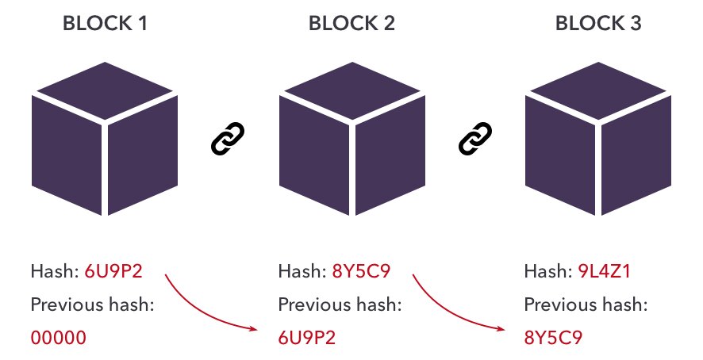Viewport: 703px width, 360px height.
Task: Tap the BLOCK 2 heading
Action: tap(351, 24)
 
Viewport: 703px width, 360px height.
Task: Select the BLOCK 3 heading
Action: tap(598, 24)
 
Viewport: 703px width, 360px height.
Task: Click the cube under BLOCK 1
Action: tap(104, 143)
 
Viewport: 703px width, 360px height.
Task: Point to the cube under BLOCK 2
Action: tap(351, 143)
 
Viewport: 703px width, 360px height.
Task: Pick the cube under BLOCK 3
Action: tap(598, 143)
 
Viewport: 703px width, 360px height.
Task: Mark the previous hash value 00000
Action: tap(58, 338)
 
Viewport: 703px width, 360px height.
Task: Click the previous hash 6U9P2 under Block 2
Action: tap(307, 338)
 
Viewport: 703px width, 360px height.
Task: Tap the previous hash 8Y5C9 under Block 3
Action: tap(554, 338)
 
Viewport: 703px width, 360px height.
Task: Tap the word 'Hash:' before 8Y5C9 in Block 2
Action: tap(299, 272)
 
